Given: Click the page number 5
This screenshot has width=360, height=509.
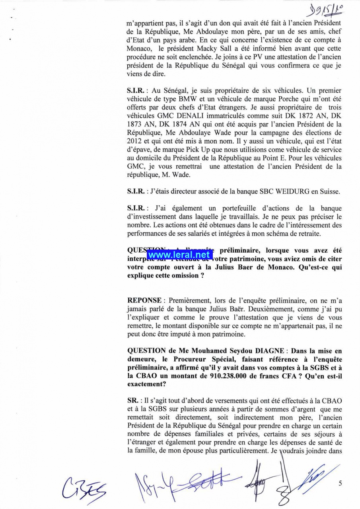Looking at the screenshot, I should tap(340, 484).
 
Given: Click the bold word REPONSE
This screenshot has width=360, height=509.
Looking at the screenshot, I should tap(144, 300).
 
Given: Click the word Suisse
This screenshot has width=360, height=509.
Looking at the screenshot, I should tap(330, 191).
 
